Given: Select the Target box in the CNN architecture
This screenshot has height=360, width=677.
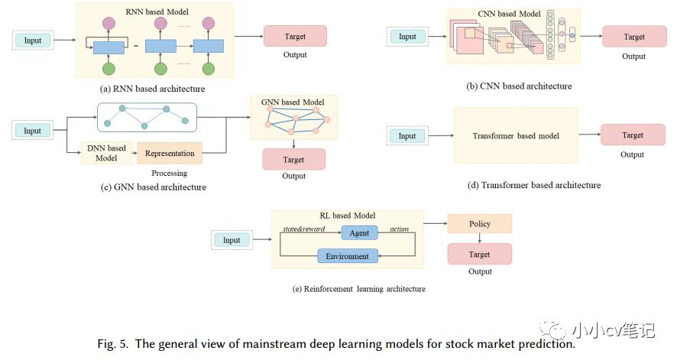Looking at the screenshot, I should [x=633, y=37].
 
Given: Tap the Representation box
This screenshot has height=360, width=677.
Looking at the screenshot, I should [x=169, y=153].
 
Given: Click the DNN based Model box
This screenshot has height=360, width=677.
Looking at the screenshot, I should [x=106, y=153].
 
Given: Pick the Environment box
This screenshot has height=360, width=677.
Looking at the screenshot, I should [x=348, y=256].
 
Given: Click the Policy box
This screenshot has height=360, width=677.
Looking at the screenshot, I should [x=479, y=224].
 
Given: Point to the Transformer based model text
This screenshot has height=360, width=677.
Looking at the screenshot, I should [x=516, y=136].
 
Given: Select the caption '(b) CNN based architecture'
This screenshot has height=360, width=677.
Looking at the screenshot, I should [x=519, y=86].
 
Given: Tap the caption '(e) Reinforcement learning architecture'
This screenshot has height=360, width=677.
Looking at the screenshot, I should [x=358, y=289].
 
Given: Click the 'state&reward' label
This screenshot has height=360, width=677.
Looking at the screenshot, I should [x=303, y=229].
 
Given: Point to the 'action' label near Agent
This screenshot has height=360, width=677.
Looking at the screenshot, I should [x=399, y=229].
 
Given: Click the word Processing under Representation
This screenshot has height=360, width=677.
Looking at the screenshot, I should [x=169, y=174].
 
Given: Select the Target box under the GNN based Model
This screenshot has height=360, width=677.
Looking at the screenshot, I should [x=293, y=159].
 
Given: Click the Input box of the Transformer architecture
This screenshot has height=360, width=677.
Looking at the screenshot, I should [x=407, y=136].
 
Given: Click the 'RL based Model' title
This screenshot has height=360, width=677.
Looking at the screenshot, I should [x=348, y=216].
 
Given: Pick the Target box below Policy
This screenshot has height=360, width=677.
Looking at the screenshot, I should [x=479, y=254].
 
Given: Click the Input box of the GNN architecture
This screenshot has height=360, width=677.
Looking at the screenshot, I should [x=32, y=131].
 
